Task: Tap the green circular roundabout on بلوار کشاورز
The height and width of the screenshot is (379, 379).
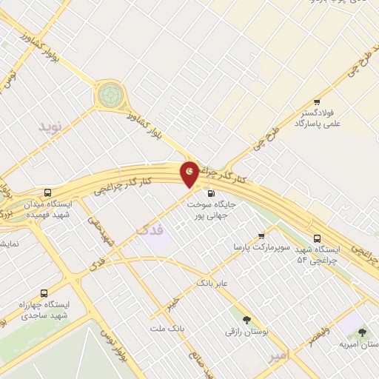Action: [x=110, y=94]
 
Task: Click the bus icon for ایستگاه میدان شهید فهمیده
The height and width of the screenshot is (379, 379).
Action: [x=48, y=190]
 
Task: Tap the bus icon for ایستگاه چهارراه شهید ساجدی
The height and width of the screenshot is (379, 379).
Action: [x=44, y=292]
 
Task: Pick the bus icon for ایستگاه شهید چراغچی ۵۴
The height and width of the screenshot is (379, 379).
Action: [x=317, y=238]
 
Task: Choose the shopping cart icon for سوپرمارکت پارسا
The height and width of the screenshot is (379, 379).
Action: [x=261, y=236]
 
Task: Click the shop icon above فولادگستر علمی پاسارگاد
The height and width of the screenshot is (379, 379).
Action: [x=317, y=102]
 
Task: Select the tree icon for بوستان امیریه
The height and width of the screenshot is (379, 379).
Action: [x=362, y=333]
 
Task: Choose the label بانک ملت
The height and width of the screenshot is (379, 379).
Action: [x=167, y=328]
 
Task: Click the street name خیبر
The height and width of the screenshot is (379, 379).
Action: [x=172, y=304]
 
